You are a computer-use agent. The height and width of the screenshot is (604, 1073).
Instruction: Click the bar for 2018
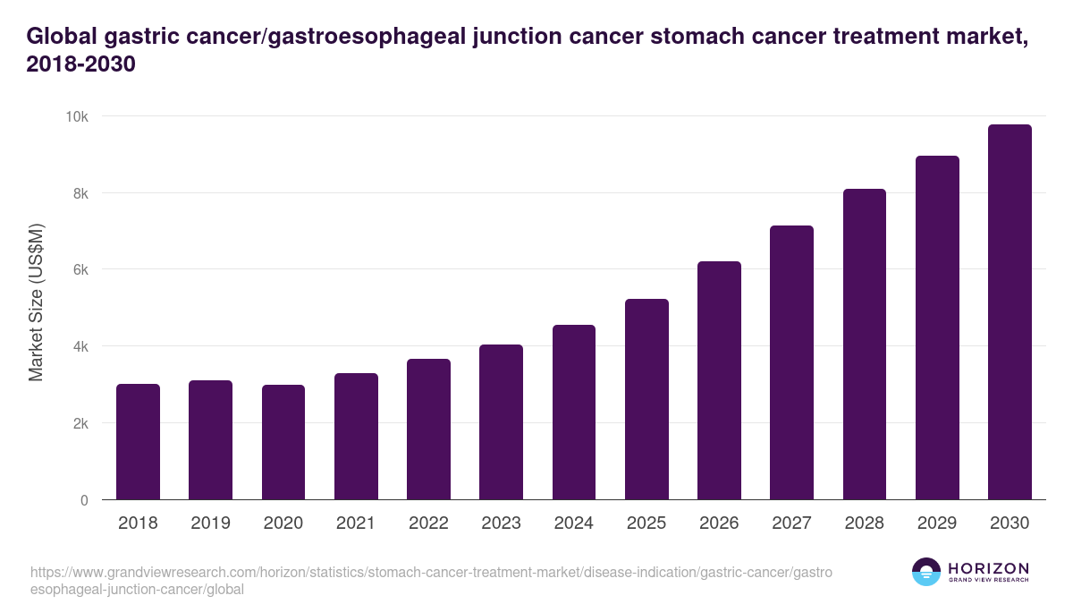(x=138, y=442)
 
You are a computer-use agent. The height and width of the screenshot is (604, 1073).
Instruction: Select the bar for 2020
(x=283, y=442)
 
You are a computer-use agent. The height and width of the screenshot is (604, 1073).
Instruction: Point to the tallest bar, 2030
(x=1010, y=312)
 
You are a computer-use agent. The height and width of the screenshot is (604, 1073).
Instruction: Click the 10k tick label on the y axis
(x=77, y=116)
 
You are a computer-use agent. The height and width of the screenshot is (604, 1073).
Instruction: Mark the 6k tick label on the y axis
(x=80, y=269)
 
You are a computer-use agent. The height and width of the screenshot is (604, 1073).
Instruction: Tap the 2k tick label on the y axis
(x=80, y=423)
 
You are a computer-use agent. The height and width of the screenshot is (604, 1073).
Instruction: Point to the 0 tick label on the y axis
(x=84, y=500)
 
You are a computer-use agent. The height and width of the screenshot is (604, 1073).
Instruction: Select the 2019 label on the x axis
(x=210, y=523)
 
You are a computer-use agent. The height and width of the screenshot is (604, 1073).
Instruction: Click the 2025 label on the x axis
(x=646, y=523)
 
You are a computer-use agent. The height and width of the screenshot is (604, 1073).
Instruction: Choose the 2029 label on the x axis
(x=937, y=523)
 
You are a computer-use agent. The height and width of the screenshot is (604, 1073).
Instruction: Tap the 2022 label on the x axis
(x=428, y=523)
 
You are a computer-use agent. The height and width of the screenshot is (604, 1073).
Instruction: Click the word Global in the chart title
(x=62, y=37)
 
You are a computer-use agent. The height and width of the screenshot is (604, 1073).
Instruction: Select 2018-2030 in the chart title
(x=80, y=65)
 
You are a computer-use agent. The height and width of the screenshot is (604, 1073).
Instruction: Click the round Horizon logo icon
(x=926, y=572)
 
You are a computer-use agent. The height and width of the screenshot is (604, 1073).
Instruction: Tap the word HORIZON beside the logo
(x=988, y=568)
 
